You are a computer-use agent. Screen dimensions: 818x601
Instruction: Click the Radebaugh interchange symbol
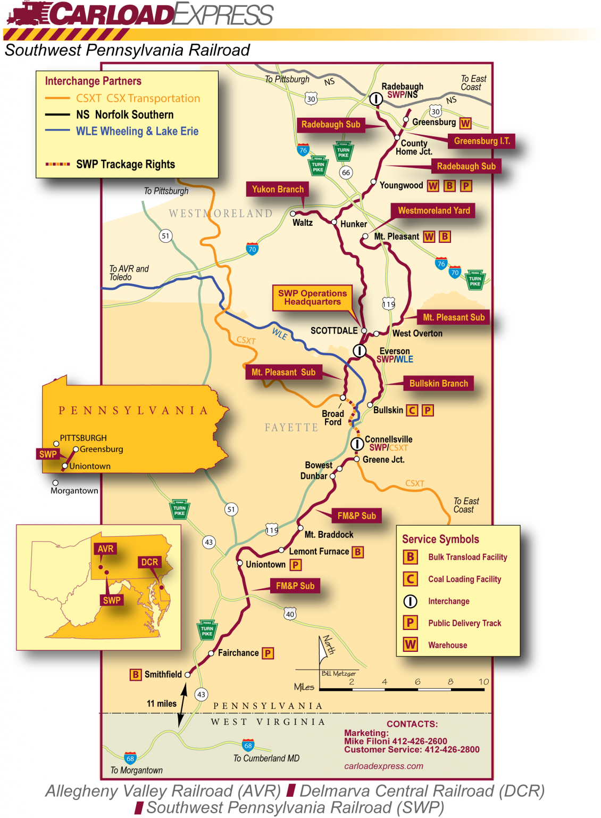pyautogui.click(x=376, y=99)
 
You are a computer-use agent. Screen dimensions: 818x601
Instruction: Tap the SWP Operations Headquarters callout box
pyautogui.click(x=312, y=298)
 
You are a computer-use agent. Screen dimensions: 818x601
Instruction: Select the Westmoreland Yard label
pyautogui.click(x=433, y=211)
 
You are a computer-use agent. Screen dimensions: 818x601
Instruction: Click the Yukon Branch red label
pyautogui.click(x=278, y=190)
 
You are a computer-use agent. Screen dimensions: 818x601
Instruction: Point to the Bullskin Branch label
pyautogui.click(x=438, y=383)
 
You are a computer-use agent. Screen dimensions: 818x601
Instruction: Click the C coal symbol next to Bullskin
pyautogui.click(x=412, y=411)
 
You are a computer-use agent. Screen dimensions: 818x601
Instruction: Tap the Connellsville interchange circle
pyautogui.click(x=357, y=444)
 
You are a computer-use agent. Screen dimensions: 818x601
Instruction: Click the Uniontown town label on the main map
pyautogui.click(x=265, y=565)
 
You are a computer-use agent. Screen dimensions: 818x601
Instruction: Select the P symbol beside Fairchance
pyautogui.click(x=268, y=653)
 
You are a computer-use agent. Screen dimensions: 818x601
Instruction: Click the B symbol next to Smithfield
pyautogui.click(x=136, y=675)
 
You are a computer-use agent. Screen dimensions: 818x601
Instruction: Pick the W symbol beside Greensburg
pyautogui.click(x=465, y=123)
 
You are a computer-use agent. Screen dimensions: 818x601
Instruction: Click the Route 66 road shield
pyautogui.click(x=346, y=173)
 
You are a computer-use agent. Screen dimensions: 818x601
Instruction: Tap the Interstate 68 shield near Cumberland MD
pyautogui.click(x=248, y=745)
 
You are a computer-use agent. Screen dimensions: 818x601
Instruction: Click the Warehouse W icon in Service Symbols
pyautogui.click(x=410, y=645)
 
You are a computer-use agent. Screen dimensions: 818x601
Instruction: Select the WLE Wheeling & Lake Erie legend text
pyautogui.click(x=137, y=132)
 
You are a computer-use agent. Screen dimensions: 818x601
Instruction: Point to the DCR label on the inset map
pyautogui.click(x=149, y=562)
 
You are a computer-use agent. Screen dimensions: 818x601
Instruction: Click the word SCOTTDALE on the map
pyautogui.click(x=334, y=331)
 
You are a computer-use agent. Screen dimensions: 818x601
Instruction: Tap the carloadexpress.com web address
pyautogui.click(x=383, y=766)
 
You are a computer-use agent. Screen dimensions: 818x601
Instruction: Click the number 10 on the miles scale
pyautogui.click(x=483, y=682)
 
